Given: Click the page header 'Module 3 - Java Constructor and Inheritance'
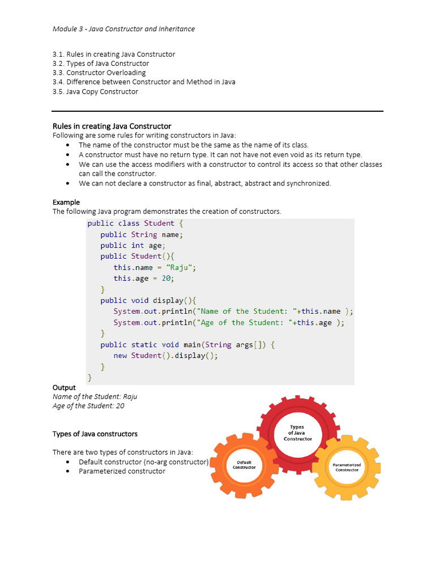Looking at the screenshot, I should (x=123, y=28).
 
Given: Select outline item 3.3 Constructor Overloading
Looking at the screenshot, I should (x=99, y=73).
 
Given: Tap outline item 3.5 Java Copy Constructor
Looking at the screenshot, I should (x=95, y=91).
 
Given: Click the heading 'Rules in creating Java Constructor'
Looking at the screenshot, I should (x=112, y=126).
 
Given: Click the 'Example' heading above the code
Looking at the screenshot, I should (x=66, y=202).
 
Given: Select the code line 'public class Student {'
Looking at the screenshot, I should (x=135, y=223).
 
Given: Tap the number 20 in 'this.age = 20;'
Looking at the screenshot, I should (x=167, y=279).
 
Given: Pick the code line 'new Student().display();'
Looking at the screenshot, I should (x=165, y=356).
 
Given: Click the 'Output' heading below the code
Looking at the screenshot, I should (x=64, y=388).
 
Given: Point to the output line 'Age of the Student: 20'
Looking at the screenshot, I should (x=88, y=406).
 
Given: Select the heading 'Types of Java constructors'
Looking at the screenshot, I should (x=95, y=434).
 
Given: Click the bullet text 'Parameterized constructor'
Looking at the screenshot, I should (x=122, y=471).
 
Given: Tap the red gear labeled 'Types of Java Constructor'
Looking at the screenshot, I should (x=297, y=433).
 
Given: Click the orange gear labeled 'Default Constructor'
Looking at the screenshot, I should (x=244, y=465).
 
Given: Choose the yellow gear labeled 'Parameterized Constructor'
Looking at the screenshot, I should (x=347, y=467).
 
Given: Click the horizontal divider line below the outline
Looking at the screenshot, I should (x=217, y=111).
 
